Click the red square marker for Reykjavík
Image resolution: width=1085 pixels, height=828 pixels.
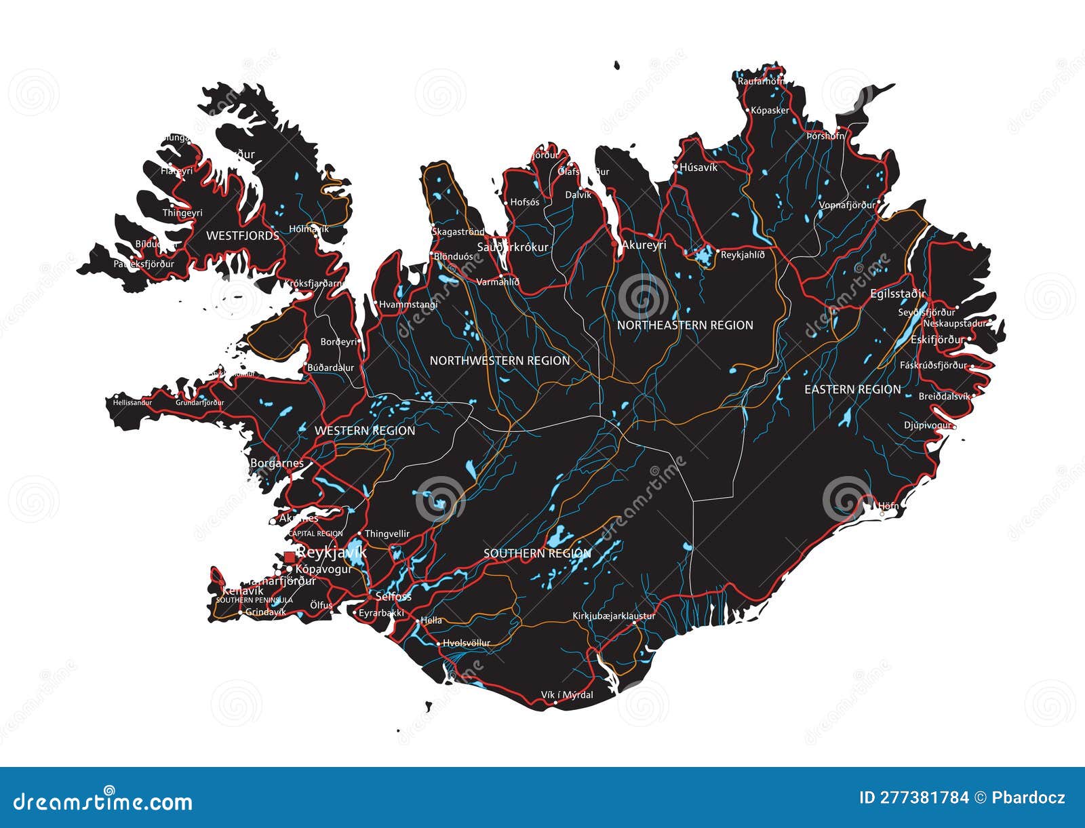[x=290, y=557]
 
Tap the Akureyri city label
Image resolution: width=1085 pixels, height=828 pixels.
[x=644, y=245]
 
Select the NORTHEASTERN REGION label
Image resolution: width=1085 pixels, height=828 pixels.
[x=685, y=326]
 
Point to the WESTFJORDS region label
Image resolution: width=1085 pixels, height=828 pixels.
[x=242, y=236]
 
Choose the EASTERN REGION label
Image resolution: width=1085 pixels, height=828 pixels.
[x=852, y=389]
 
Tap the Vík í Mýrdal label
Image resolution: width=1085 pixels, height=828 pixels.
[x=567, y=695]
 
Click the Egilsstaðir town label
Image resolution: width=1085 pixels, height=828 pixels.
[x=898, y=294]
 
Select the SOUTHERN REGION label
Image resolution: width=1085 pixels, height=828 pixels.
[x=537, y=553]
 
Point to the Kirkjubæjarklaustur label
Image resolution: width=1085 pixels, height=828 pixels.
[x=614, y=616]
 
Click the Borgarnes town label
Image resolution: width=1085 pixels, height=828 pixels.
[x=277, y=464]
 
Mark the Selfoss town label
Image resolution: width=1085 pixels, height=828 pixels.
[x=393, y=597]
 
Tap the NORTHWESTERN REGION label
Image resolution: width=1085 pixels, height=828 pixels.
[x=500, y=361]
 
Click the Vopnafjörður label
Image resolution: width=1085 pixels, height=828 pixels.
[x=847, y=205]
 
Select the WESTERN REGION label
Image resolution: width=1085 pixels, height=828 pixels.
[x=365, y=431]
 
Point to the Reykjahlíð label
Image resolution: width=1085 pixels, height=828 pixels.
[x=742, y=255]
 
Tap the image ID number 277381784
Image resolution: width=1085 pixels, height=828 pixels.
[x=914, y=797]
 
